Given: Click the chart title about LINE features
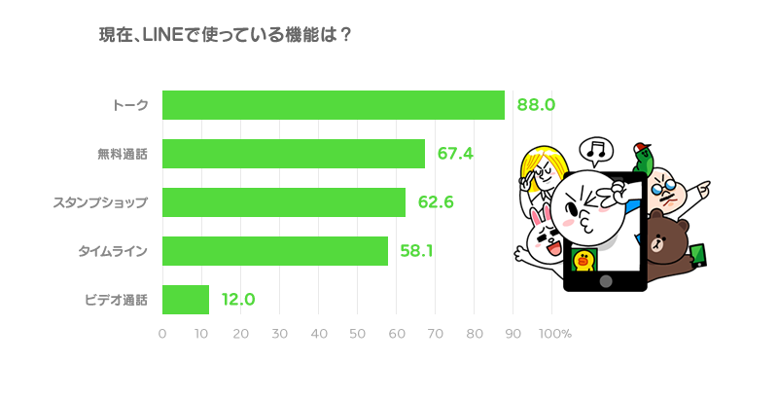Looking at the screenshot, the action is pos(226,35).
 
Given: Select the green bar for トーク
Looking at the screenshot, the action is pos(334,105).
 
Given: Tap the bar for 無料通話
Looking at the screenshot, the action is pos(294,154).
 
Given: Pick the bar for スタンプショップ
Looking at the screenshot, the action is pos(284,202).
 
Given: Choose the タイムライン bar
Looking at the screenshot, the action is pos(275,251).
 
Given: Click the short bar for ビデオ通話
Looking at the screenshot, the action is pos(186,300).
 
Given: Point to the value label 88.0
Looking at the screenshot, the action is pos(536,105).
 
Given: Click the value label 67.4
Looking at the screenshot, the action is pos(455,154).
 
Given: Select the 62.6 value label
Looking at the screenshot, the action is pos(436,202).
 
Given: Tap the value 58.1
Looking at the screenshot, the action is pos(416,251).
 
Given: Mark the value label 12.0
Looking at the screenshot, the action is pos(238,300).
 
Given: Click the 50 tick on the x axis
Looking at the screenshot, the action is pos(357,334).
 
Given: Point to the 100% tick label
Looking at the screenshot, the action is pos(555,334).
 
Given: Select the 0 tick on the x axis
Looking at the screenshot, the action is pos(162,334).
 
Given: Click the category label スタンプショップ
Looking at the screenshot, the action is pos(101,202).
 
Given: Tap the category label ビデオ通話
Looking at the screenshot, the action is pos(117,300).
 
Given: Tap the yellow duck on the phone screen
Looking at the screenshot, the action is pos(584,260).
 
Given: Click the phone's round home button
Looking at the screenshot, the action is pos(606,281).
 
